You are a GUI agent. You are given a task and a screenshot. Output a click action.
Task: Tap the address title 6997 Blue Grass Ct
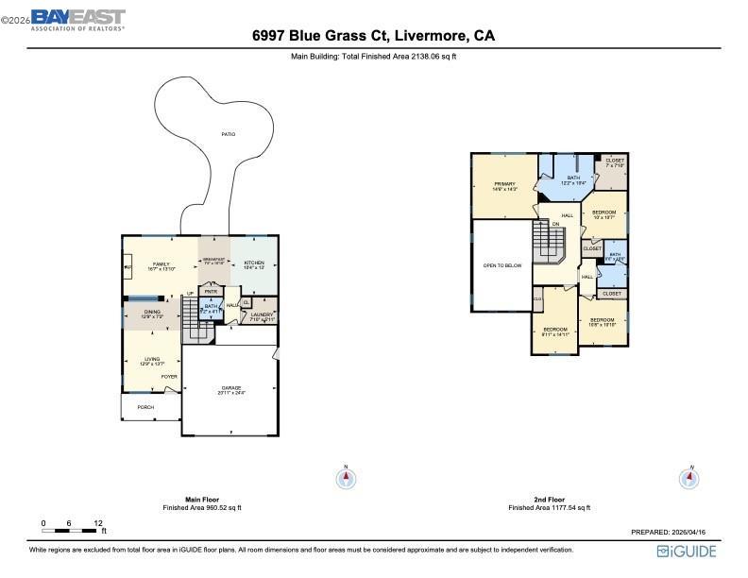click(373, 37)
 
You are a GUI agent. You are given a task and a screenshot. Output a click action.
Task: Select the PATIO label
click(229, 134)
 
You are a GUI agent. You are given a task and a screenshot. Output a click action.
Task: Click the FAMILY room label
click(161, 264)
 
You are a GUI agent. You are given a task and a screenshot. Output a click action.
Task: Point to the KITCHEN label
click(254, 263)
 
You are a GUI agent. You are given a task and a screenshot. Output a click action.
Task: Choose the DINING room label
click(152, 312)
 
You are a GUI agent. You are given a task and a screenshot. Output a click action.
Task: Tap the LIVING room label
click(151, 360)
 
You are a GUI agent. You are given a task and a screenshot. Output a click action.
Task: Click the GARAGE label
click(231, 388)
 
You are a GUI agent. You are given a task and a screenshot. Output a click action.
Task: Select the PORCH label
click(145, 407)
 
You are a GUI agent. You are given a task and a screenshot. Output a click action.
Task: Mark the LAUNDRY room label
click(262, 315)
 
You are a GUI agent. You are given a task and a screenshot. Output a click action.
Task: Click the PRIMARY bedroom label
click(505, 184)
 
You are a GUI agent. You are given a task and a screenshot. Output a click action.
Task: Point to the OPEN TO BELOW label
click(502, 265)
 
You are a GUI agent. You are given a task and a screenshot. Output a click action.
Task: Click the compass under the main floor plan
click(347, 478)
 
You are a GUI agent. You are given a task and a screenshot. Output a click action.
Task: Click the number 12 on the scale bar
click(98, 522)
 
